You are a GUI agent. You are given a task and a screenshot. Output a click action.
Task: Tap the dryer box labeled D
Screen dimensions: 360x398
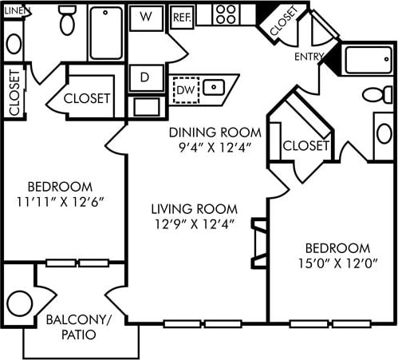(x=146, y=78)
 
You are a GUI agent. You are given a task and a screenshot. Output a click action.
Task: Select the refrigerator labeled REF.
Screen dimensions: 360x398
(x=182, y=16)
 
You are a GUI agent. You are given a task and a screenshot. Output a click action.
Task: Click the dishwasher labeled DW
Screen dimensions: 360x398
(x=185, y=89)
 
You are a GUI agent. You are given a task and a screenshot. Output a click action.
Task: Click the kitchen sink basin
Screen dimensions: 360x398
(x=214, y=87)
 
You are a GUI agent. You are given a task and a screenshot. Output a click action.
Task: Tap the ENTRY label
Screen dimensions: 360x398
(x=309, y=57)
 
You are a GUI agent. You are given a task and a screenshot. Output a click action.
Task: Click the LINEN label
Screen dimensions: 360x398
(x=15, y=10)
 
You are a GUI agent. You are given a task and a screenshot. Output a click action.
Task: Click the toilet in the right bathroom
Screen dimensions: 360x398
(x=377, y=95)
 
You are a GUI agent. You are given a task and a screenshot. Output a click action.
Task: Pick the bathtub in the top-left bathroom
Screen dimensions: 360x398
(x=105, y=33)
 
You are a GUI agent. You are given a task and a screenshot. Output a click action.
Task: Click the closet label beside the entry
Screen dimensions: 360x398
(x=288, y=22)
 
